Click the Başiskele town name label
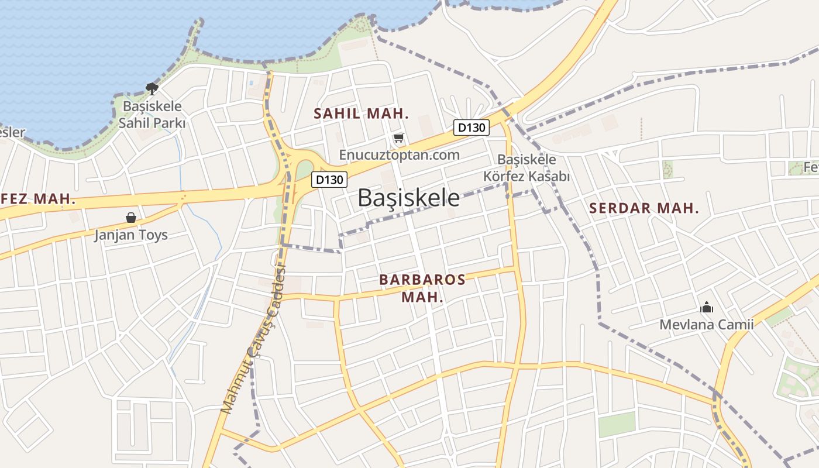point(408,198)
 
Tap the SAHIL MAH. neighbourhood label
point(361,113)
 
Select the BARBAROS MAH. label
point(422,288)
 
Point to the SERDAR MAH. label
point(643,208)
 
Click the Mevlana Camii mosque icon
point(706,307)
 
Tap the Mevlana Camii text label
point(706,324)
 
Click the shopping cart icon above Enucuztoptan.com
point(398,138)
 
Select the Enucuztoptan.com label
point(399,155)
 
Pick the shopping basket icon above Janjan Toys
point(131,218)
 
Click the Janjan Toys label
point(131,235)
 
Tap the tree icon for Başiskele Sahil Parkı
point(152,89)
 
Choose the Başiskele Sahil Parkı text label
point(152,115)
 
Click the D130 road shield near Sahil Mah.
point(471,128)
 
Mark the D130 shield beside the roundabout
point(329,180)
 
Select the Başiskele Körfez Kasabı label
point(526,168)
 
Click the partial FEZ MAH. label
point(38,199)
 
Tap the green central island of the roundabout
point(304,171)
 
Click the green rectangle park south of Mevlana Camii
point(617,424)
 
